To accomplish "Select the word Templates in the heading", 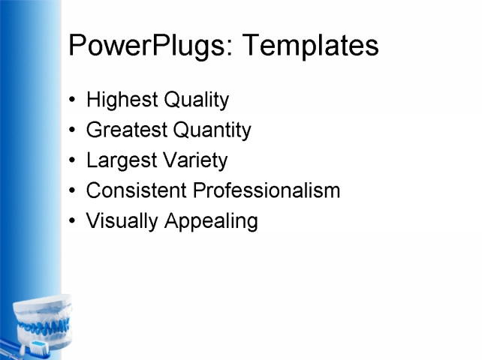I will point(310,46).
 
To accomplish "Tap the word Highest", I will point(119,100).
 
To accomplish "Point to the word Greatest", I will point(127,130).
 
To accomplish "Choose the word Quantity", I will point(212,130).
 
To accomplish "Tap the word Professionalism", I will point(267,190).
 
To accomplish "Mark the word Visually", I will point(121,221).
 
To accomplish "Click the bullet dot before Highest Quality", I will point(71,100).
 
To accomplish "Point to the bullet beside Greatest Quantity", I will point(71,131).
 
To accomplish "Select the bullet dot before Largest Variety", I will point(71,161).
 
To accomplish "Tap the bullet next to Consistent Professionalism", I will point(71,191).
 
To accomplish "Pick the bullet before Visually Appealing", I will point(71,222).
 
